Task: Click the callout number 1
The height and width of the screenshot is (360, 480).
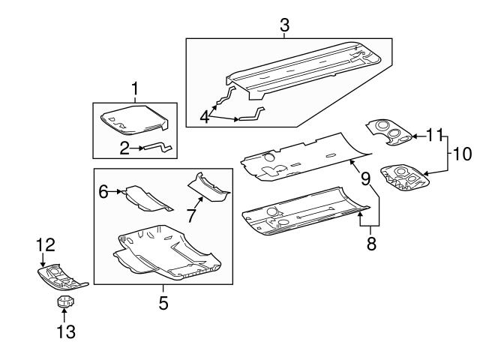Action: (x=135, y=90)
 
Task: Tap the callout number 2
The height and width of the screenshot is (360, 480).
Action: (x=125, y=148)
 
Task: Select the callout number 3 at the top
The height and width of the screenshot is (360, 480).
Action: (x=285, y=25)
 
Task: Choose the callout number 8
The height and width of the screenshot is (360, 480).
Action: (x=370, y=244)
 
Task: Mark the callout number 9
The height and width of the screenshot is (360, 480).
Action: (x=365, y=178)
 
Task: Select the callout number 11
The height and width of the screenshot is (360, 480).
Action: (x=434, y=136)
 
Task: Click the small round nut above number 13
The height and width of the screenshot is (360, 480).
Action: (x=64, y=302)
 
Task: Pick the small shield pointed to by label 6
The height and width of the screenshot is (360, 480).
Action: (x=147, y=196)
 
